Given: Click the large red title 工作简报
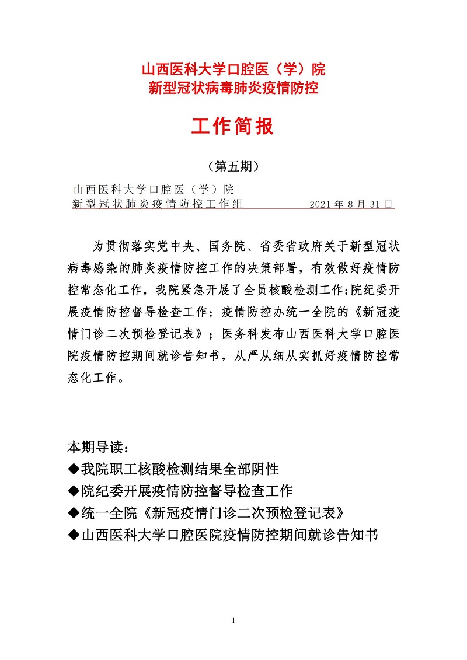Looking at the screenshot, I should click(x=233, y=126).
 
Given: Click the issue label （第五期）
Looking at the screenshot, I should click(x=233, y=166).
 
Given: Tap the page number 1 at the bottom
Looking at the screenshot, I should click(x=233, y=621).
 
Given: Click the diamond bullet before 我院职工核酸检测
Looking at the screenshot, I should click(x=74, y=469).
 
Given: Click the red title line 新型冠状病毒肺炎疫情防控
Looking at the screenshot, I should click(x=233, y=89).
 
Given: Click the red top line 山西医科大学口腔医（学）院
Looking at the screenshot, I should click(x=233, y=70).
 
